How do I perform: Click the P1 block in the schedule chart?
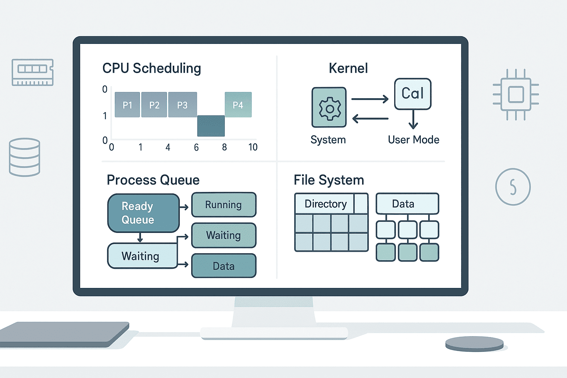pyautogui.click(x=127, y=105)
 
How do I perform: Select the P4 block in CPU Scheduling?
pyautogui.click(x=238, y=105)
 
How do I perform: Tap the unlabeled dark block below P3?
pyautogui.click(x=211, y=126)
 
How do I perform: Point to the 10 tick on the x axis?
pyautogui.click(x=253, y=147)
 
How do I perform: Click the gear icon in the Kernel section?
pyautogui.click(x=329, y=108)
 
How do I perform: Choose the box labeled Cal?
pyautogui.click(x=413, y=94)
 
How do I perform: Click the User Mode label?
pyautogui.click(x=413, y=140)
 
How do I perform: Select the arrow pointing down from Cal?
pyautogui.click(x=413, y=120)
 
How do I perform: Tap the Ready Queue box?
pyautogui.click(x=143, y=213)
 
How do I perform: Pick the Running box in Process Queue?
pyautogui.click(x=224, y=205)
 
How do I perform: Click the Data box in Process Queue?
pyautogui.click(x=224, y=266)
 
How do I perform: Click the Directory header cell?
pyautogui.click(x=325, y=204)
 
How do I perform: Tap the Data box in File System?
pyautogui.click(x=407, y=204)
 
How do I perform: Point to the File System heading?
pyautogui.click(x=329, y=180)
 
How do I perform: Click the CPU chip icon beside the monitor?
pyautogui.click(x=516, y=94)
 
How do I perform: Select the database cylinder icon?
pyautogui.click(x=24, y=157)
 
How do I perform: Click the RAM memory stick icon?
pyautogui.click(x=32, y=72)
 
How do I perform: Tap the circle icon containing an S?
pyautogui.click(x=513, y=187)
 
